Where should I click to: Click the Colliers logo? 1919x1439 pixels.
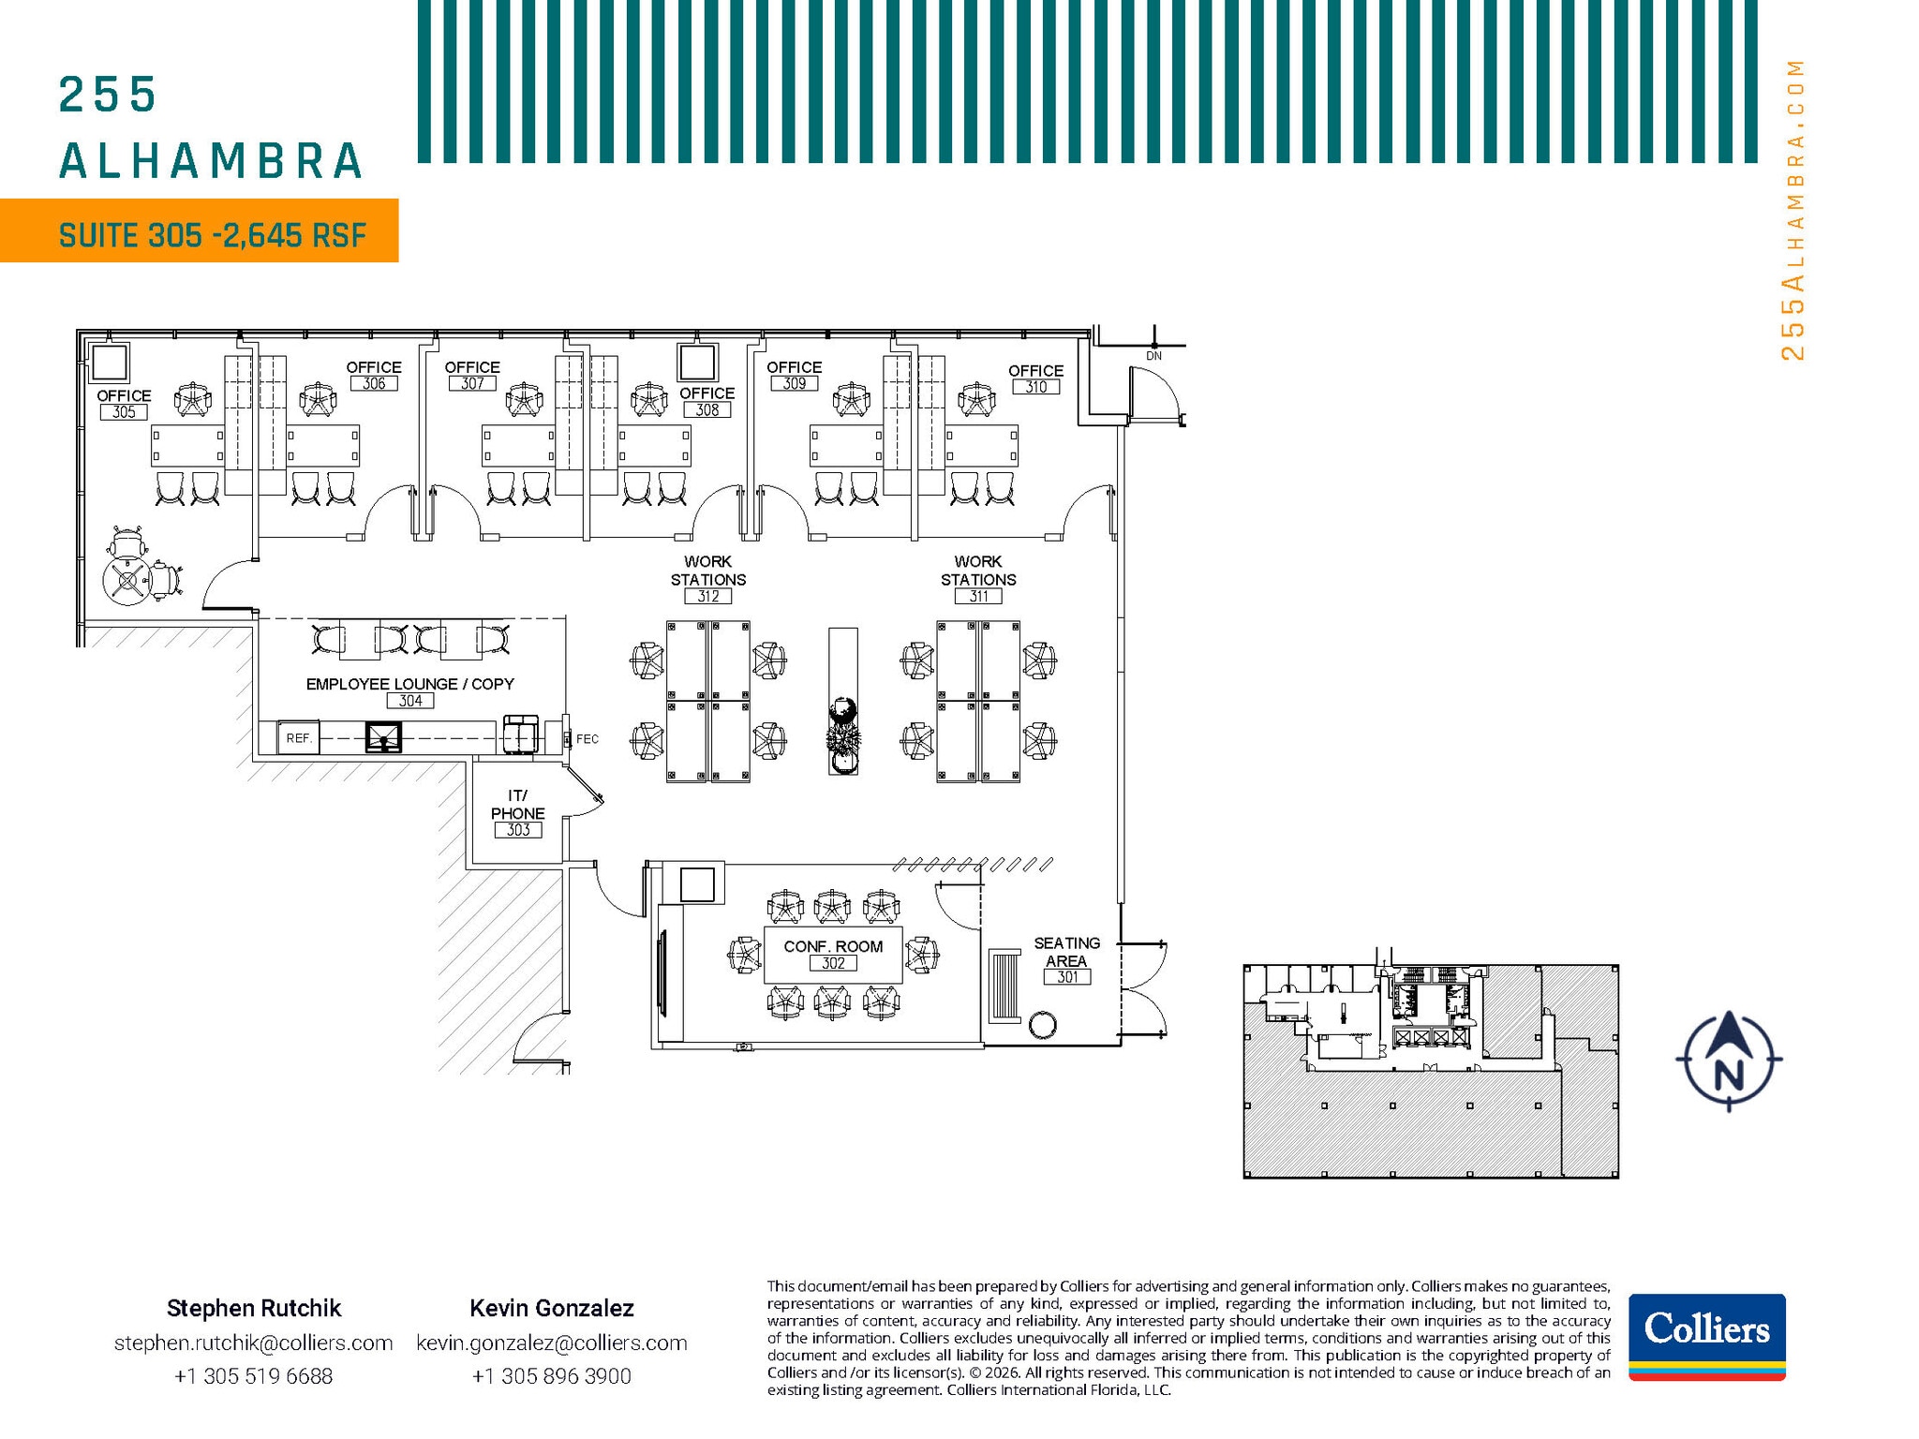[1706, 1336]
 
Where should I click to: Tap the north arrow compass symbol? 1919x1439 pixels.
[1729, 1061]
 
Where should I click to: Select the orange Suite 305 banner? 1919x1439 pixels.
[200, 231]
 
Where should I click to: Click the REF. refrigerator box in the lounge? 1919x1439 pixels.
[299, 738]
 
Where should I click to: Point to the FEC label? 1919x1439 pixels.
[588, 739]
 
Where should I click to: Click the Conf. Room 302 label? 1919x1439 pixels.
[833, 954]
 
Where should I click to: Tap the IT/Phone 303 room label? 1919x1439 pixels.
[517, 812]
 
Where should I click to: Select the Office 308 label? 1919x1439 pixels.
[707, 401]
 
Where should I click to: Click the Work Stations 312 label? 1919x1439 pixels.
[708, 578]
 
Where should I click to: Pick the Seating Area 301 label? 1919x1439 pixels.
[1066, 959]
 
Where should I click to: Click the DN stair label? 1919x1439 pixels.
[1153, 356]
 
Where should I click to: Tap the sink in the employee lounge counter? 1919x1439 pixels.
[383, 737]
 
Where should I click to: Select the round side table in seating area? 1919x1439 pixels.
[1042, 1025]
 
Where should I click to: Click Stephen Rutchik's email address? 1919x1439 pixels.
[253, 1343]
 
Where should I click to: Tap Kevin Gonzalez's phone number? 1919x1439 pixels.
[551, 1376]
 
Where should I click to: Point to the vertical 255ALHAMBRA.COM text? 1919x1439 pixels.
[1792, 210]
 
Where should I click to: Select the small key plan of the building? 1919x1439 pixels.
[1430, 1070]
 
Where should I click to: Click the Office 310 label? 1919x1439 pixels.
[1035, 378]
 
